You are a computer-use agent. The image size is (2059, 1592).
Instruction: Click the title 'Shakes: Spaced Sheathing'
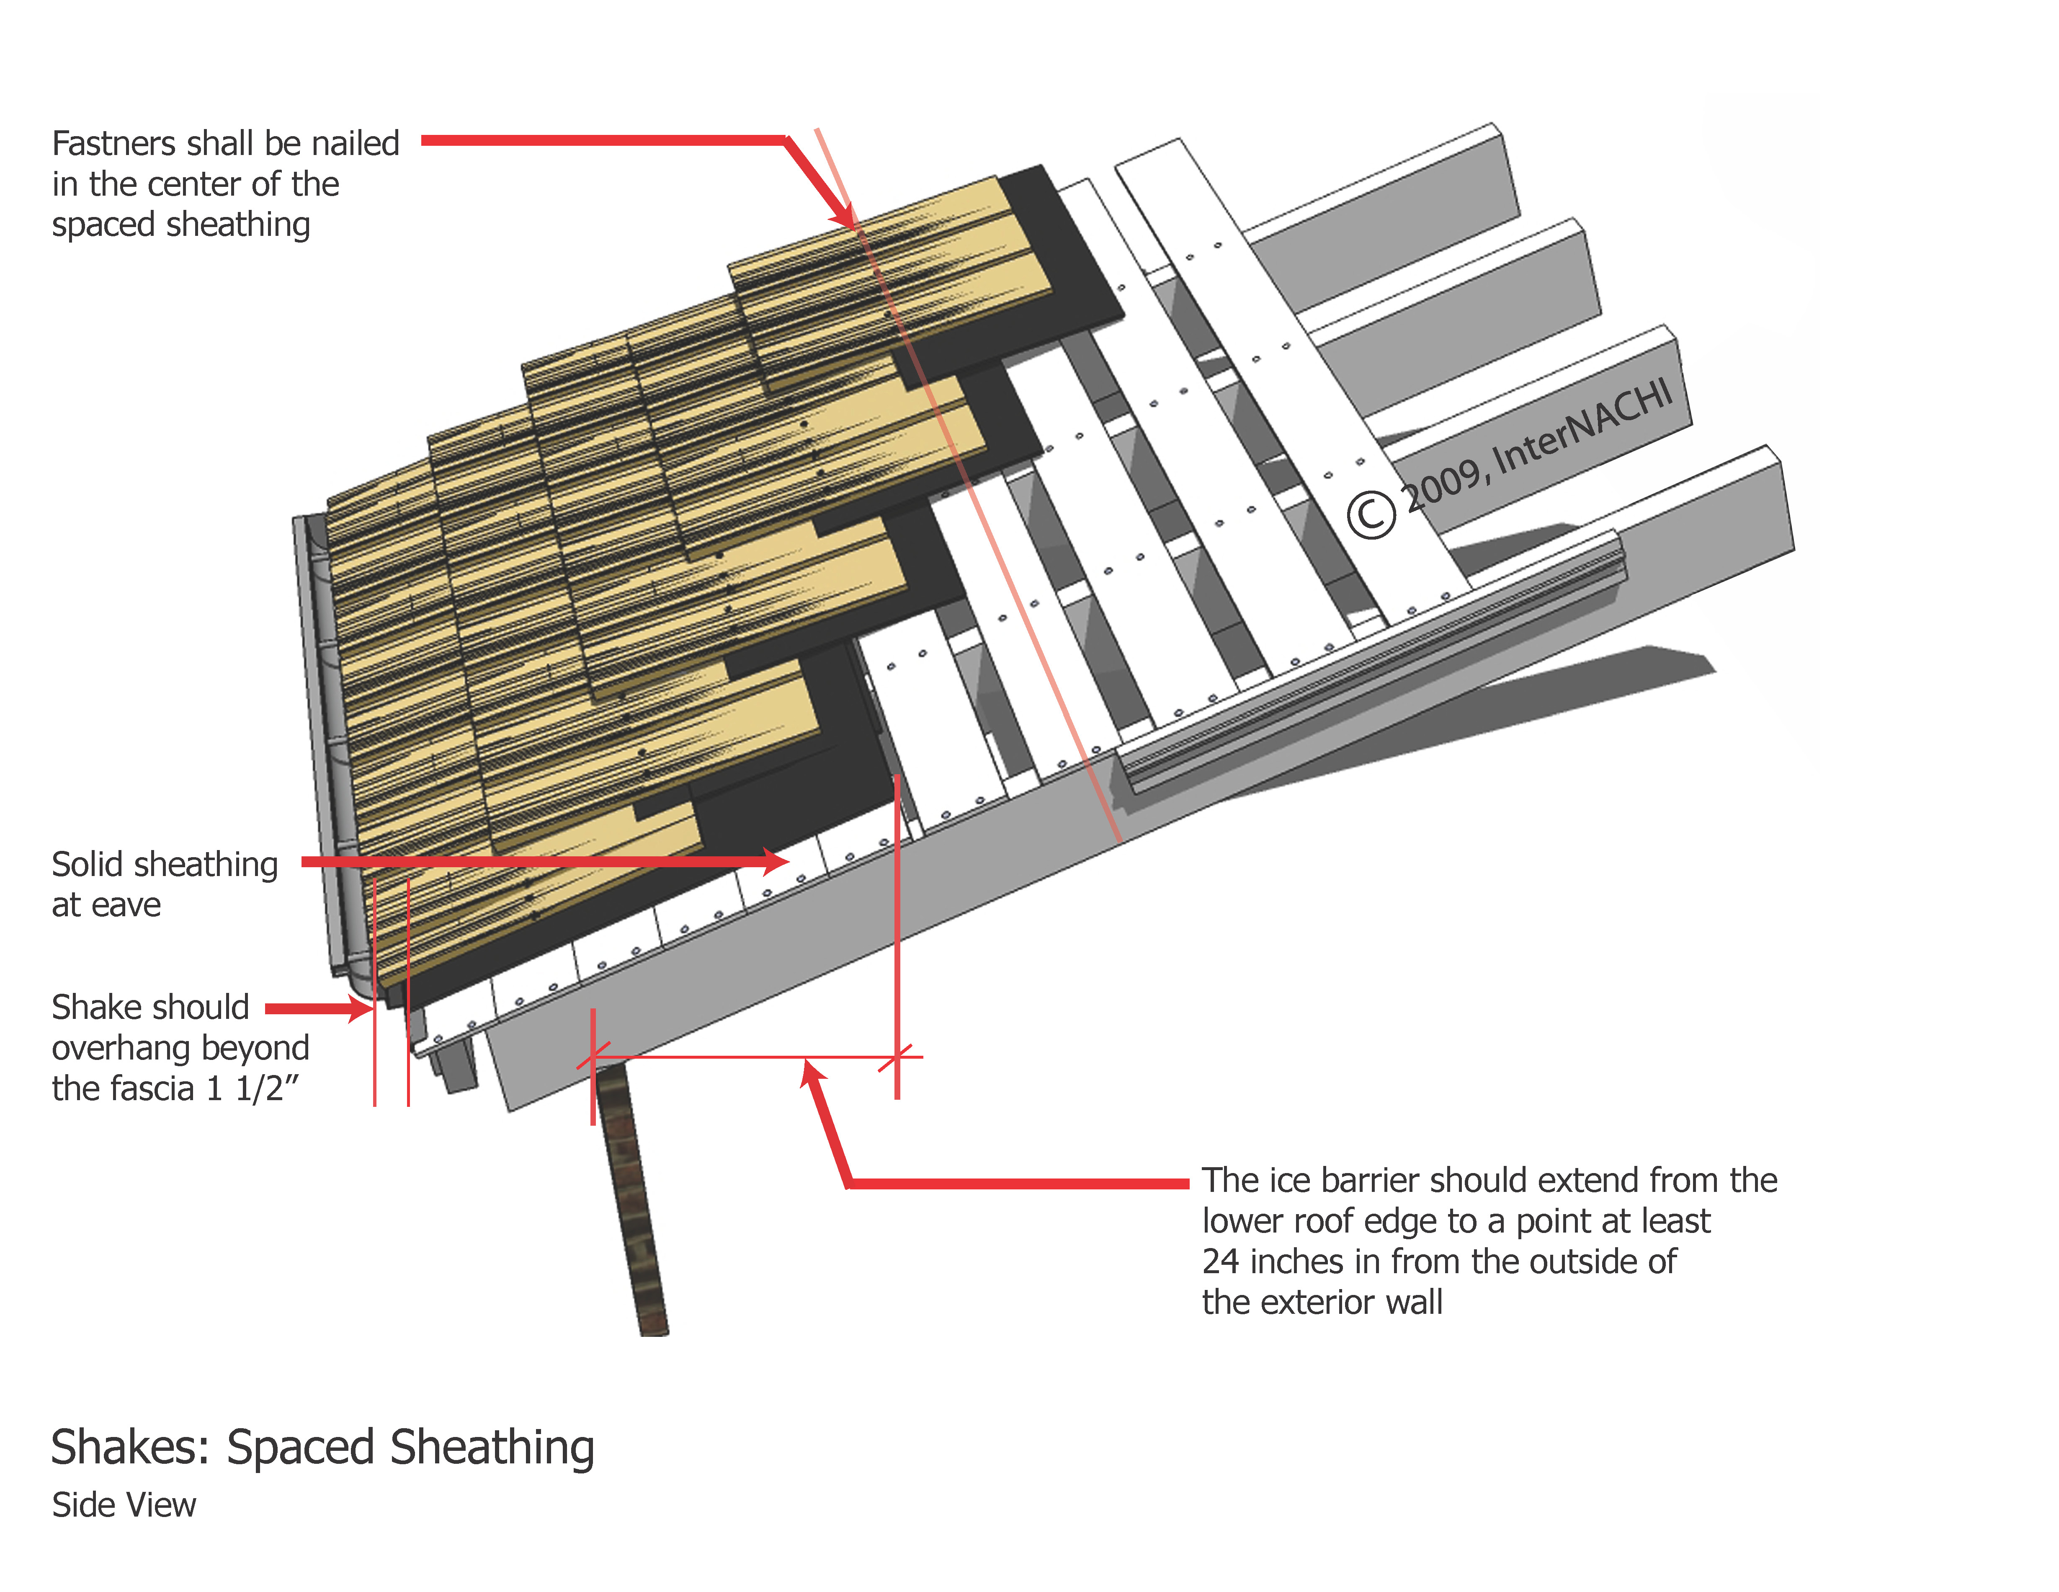click(322, 1448)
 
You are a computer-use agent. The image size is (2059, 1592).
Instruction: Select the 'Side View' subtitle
click(124, 1505)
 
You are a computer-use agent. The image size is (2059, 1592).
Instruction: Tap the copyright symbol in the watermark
click(1370, 515)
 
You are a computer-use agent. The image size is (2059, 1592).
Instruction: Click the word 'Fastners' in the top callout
click(113, 143)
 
